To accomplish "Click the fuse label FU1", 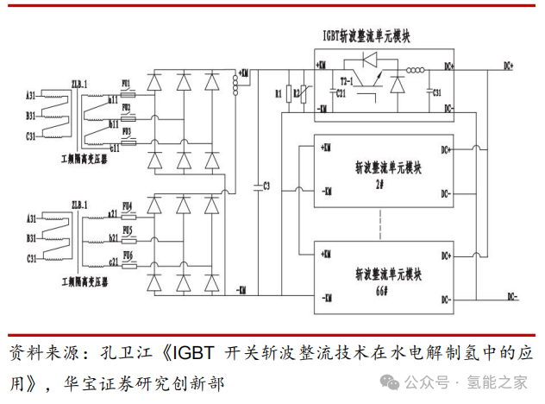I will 127,84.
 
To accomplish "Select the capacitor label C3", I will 267,186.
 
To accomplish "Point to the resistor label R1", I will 278,92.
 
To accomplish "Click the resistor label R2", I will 297,92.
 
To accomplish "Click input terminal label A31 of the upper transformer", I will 31,93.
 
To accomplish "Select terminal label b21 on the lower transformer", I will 113,235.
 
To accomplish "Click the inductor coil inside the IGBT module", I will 416,71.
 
